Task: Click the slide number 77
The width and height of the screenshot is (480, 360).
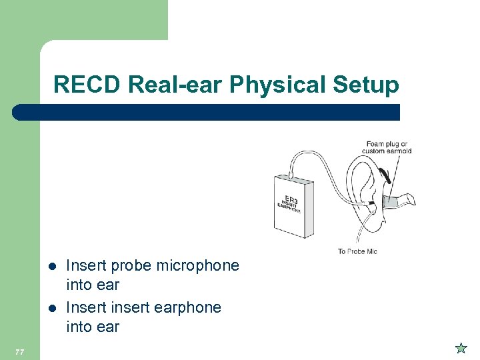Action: click(19, 351)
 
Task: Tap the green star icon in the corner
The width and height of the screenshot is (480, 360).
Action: click(460, 347)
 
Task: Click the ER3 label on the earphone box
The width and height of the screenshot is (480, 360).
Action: click(291, 199)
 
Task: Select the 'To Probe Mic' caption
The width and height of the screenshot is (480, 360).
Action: click(357, 251)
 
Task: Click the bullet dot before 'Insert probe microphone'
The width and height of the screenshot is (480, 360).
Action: click(52, 266)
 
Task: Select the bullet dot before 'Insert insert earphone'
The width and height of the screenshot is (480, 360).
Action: click(52, 308)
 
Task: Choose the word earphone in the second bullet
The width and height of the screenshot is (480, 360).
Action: click(189, 307)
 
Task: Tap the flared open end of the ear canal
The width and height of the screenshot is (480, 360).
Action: click(411, 198)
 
